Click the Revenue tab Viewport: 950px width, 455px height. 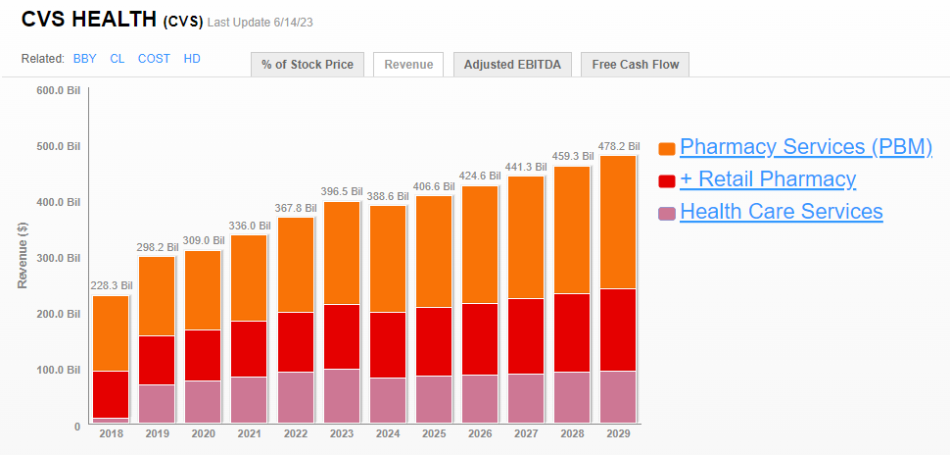point(408,65)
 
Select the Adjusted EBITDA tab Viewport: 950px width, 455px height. point(512,65)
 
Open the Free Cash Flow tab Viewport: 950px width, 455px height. point(635,65)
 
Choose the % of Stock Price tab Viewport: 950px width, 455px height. point(309,65)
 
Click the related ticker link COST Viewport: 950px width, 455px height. point(154,59)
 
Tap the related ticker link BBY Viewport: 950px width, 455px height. point(85,59)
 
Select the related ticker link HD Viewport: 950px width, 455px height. point(192,59)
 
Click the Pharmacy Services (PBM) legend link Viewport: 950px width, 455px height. point(805,147)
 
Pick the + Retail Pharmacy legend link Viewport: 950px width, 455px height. point(768,179)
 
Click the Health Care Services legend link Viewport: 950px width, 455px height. point(781,212)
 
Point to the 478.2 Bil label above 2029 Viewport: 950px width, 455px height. point(619,145)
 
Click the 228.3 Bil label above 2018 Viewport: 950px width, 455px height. point(112,286)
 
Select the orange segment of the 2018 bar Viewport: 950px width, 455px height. point(111,333)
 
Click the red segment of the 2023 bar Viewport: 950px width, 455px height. point(342,336)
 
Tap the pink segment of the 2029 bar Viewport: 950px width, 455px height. point(618,396)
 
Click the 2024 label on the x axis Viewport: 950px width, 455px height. point(388,432)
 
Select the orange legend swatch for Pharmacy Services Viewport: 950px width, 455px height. point(667,148)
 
